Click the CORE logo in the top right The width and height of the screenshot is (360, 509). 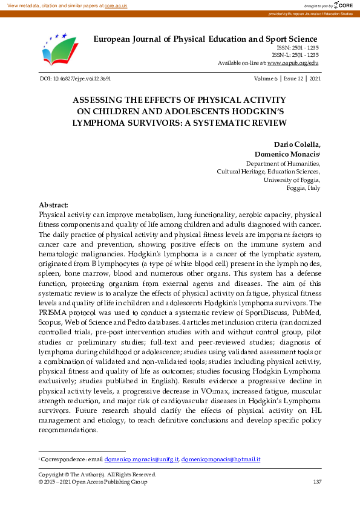pyautogui.click(x=343, y=5)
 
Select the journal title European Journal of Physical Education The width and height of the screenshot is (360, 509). pyautogui.click(x=205, y=39)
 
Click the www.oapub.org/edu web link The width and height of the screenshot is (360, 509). pyautogui.click(x=293, y=62)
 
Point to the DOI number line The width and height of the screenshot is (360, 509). pyautogui.click(x=74, y=79)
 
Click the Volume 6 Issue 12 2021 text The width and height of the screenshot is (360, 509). pyautogui.click(x=287, y=79)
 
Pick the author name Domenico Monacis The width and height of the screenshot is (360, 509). pyautogui.click(x=287, y=155)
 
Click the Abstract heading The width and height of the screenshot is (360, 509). pyautogui.click(x=53, y=205)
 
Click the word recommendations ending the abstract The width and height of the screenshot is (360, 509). pyautogui.click(x=67, y=430)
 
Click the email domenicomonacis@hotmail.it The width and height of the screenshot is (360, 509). pyautogui.click(x=221, y=459)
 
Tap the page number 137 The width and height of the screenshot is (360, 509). pyautogui.click(x=317, y=482)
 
